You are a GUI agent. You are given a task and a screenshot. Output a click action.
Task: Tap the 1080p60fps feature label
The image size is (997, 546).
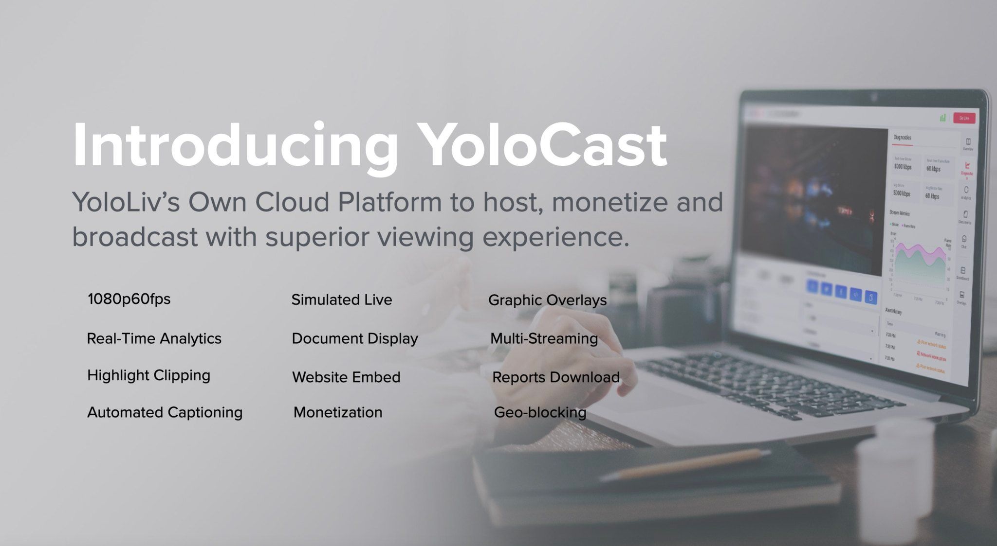(x=129, y=299)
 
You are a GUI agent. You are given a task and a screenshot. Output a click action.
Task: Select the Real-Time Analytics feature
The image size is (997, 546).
(x=154, y=338)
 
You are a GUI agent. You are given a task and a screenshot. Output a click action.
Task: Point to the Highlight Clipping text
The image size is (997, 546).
(x=148, y=375)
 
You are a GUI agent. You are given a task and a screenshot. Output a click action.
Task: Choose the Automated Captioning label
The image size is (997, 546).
(x=165, y=412)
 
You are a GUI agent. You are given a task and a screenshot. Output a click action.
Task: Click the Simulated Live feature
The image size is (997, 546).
(x=342, y=299)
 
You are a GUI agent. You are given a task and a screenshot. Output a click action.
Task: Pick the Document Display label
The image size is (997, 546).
(x=355, y=338)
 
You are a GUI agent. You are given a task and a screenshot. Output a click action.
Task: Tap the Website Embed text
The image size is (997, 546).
(x=346, y=377)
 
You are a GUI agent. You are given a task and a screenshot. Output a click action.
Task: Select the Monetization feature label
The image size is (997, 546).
(x=338, y=412)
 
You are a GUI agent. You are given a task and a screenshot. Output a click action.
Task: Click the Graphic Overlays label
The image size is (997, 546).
(x=547, y=300)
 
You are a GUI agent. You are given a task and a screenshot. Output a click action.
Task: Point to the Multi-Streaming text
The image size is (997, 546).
(x=544, y=338)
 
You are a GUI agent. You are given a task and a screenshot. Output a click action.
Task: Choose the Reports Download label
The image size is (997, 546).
(x=555, y=377)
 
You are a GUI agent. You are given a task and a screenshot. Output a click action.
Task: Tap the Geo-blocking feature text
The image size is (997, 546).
(x=540, y=412)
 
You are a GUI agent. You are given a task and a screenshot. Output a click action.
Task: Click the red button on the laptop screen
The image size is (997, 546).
(x=964, y=118)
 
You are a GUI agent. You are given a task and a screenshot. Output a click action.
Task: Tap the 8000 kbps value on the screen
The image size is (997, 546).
(x=903, y=167)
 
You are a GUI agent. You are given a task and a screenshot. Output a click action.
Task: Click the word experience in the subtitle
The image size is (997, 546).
(x=555, y=237)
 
